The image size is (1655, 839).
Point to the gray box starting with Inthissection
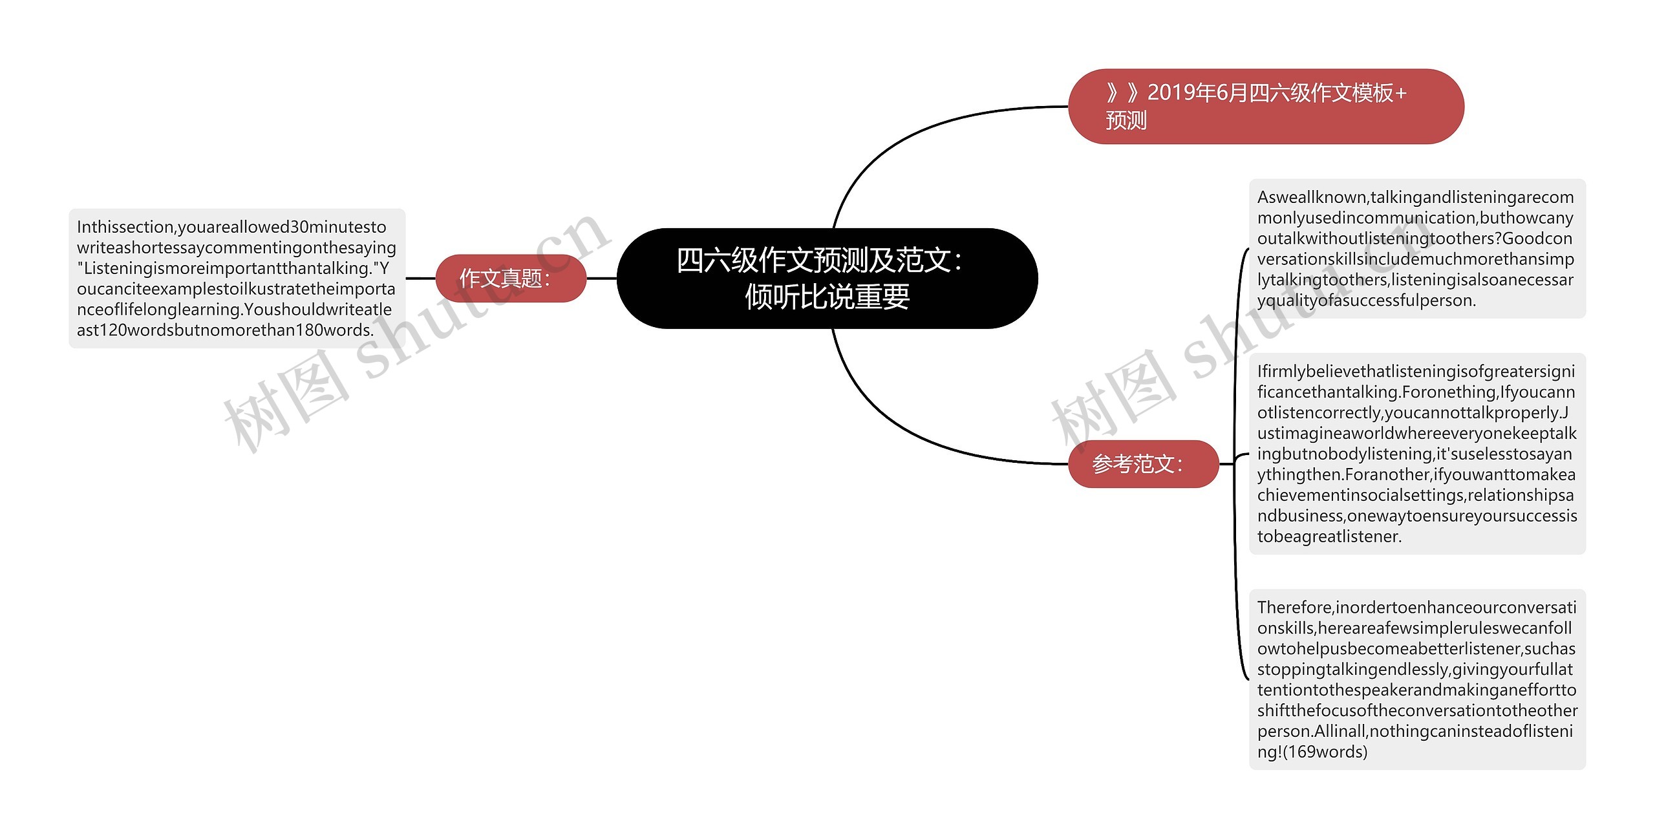click(237, 279)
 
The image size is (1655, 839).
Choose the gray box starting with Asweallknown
click(1416, 249)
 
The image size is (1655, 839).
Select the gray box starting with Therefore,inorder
click(1416, 679)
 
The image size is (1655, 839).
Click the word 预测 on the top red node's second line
click(1126, 121)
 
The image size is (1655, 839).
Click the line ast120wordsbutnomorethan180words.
click(225, 330)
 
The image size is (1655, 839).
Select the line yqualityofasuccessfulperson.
click(1366, 301)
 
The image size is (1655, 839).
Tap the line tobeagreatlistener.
click(1329, 536)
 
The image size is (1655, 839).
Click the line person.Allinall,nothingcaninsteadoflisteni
click(1415, 732)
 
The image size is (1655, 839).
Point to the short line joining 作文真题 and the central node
click(601, 279)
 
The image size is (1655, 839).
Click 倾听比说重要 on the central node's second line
click(827, 297)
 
